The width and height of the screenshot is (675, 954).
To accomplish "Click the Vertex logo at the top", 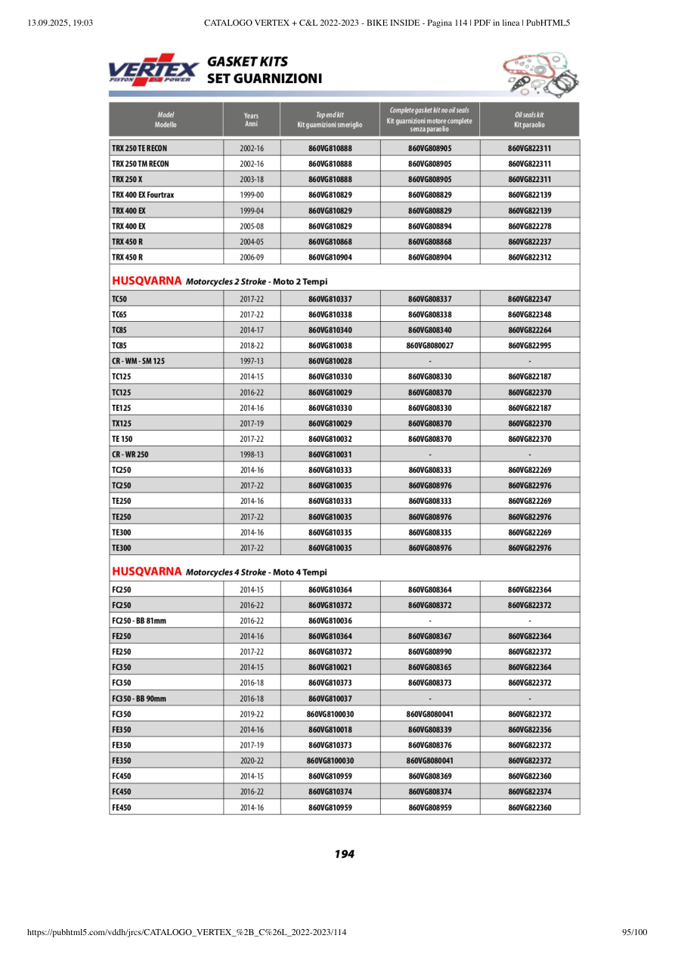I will click(153, 69).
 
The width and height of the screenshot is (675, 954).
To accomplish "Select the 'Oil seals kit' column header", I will click(529, 119).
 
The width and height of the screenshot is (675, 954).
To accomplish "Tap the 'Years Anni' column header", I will click(251, 119).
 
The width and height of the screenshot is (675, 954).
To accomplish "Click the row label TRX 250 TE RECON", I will click(140, 148).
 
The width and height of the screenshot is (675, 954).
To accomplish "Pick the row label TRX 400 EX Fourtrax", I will click(143, 195).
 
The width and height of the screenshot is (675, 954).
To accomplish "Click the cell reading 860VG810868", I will click(330, 242).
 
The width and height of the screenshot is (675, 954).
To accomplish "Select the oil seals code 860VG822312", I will click(529, 258).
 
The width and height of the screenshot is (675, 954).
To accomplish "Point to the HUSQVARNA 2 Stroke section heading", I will click(219, 282).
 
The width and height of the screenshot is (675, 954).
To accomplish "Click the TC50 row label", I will click(119, 299).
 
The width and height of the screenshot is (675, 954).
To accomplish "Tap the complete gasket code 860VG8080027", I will click(429, 346).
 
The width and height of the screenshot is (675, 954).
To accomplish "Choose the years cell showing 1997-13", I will click(251, 361).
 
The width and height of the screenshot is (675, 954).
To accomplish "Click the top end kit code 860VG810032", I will click(330, 439).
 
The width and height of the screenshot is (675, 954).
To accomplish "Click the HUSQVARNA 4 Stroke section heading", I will click(219, 572).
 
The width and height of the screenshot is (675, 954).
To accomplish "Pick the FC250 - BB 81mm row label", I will click(139, 621).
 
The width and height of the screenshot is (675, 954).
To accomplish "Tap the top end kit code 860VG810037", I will click(330, 699).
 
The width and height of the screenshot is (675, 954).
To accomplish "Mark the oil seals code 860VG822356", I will click(529, 730).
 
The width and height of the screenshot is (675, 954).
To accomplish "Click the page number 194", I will click(344, 854).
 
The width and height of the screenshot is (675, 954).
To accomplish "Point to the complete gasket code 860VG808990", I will click(429, 652).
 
